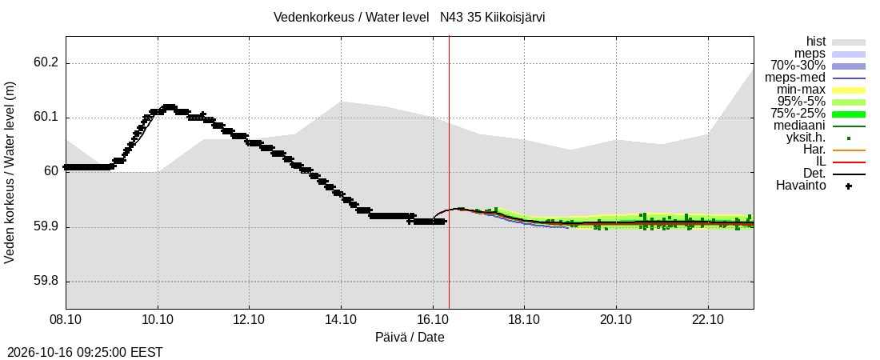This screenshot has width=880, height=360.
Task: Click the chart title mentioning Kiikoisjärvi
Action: pyautogui.click(x=409, y=17)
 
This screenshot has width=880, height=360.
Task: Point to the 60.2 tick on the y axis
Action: pyautogui.click(x=46, y=63)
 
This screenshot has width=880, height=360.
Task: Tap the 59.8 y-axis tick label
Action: pyautogui.click(x=46, y=282)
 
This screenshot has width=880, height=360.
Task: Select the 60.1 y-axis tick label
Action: pyautogui.click(x=46, y=118)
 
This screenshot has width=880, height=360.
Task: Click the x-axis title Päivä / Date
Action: pyautogui.click(x=410, y=337)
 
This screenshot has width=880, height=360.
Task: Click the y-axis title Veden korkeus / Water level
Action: pyautogui.click(x=10, y=173)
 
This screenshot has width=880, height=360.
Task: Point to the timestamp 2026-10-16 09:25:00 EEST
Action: pyautogui.click(x=82, y=353)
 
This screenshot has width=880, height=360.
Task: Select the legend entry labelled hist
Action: pyautogui.click(x=816, y=42)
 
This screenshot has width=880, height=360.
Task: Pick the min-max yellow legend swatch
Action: pyautogui.click(x=849, y=90)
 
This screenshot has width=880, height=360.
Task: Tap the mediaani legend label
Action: pyautogui.click(x=799, y=126)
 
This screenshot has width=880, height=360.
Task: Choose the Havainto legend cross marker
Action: pyautogui.click(x=849, y=186)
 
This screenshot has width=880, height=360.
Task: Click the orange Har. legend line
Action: pyautogui.click(x=849, y=150)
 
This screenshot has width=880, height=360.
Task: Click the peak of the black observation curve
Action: pyautogui.click(x=168, y=106)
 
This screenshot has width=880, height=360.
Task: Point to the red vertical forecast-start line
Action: pyautogui.click(x=449, y=173)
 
